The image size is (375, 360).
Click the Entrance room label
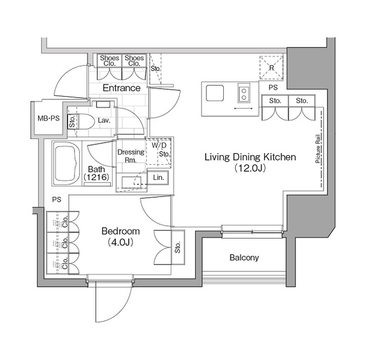click(x=121, y=88)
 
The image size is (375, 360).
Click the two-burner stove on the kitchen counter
click(x=244, y=93)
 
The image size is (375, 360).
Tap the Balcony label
click(x=244, y=257)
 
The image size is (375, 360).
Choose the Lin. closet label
click(x=158, y=177)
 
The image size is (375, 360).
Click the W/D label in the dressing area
click(x=159, y=145)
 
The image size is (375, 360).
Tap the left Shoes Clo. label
click(x=110, y=61)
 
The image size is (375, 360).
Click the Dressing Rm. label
click(x=131, y=156)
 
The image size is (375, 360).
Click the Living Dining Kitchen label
click(x=250, y=157)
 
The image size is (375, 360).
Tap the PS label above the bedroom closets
click(x=56, y=199)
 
